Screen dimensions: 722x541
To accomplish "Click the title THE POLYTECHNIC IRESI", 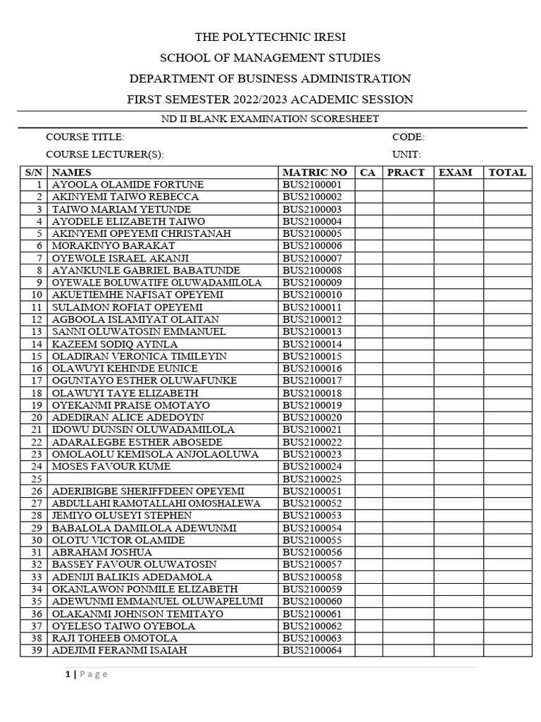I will click(270, 37).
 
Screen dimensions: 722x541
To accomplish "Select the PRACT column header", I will click(406, 172).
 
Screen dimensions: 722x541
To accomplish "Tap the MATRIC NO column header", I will click(314, 172).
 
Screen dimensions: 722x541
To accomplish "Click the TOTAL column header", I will click(507, 172).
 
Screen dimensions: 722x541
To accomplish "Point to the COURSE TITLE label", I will click(85, 137).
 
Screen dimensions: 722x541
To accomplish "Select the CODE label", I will click(409, 137).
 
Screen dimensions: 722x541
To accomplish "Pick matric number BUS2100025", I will click(312, 479).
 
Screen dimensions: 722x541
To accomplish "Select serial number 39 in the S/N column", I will click(37, 650).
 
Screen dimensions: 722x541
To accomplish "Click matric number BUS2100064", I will click(312, 650).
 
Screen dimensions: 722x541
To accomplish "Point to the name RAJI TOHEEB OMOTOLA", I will click(115, 638).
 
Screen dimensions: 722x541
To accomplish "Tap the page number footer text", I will click(87, 675).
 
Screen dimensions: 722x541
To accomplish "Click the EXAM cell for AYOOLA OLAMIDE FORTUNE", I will click(458, 185).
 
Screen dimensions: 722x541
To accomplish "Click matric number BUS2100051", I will click(312, 491).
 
